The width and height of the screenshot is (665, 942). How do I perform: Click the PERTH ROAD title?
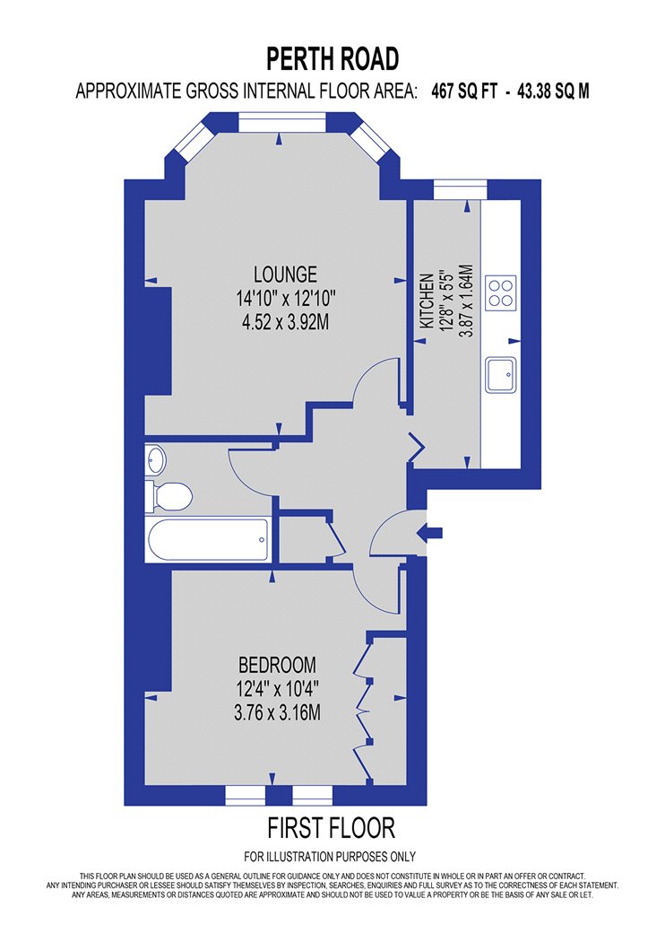click(x=332, y=59)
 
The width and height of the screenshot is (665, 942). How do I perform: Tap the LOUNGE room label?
click(x=285, y=275)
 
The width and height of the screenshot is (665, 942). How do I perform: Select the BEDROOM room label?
click(x=277, y=665)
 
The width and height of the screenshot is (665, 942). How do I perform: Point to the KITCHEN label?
click(x=427, y=301)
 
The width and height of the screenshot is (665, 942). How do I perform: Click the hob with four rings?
click(x=501, y=292)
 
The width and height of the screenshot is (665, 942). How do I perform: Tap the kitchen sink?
click(x=501, y=375)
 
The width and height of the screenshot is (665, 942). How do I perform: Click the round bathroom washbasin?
click(x=155, y=460)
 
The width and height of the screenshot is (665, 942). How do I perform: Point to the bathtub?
click(x=208, y=539)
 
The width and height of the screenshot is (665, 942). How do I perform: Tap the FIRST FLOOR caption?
click(x=332, y=828)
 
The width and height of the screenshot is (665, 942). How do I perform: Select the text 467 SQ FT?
click(x=464, y=92)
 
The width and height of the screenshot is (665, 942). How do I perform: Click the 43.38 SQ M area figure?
click(x=553, y=92)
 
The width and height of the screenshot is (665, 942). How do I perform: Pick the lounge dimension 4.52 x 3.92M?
click(x=285, y=323)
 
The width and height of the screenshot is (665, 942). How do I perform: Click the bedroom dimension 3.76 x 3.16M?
click(x=277, y=713)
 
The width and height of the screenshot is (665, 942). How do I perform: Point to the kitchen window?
click(x=460, y=189)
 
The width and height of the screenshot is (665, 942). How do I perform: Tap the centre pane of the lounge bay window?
click(x=282, y=123)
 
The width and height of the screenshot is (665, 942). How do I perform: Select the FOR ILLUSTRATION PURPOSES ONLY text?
click(x=330, y=856)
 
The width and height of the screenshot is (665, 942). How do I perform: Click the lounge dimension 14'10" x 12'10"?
click(x=285, y=298)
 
